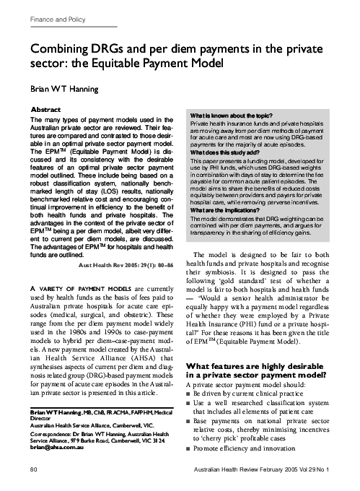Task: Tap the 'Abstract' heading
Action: click(x=45, y=109)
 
